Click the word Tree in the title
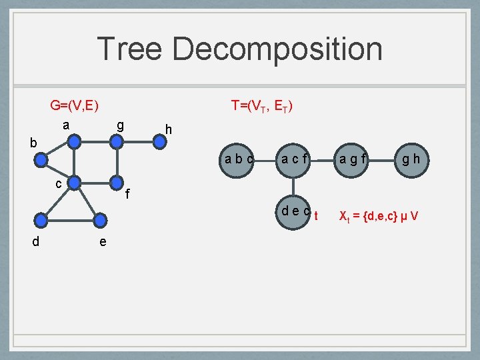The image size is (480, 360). (127, 49)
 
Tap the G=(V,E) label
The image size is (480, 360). (75, 105)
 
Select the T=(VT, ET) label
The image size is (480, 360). (261, 105)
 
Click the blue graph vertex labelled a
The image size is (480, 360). (75, 141)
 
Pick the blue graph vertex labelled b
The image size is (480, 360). (42, 160)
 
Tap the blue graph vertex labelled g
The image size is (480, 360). (116, 141)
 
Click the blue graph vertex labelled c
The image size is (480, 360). (75, 182)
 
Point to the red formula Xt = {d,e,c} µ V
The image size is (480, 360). (378, 216)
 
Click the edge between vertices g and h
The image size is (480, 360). (137, 141)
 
